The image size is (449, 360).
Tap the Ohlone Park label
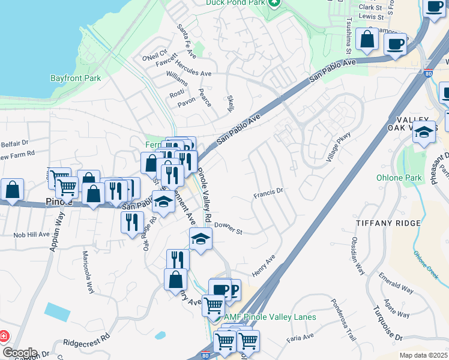coord(399,178)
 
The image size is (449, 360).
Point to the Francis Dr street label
coord(268,193)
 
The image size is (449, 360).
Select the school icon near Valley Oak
coord(424,132)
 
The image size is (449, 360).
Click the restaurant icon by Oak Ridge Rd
coord(131,223)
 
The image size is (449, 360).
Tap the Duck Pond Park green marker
coord(274,3)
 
